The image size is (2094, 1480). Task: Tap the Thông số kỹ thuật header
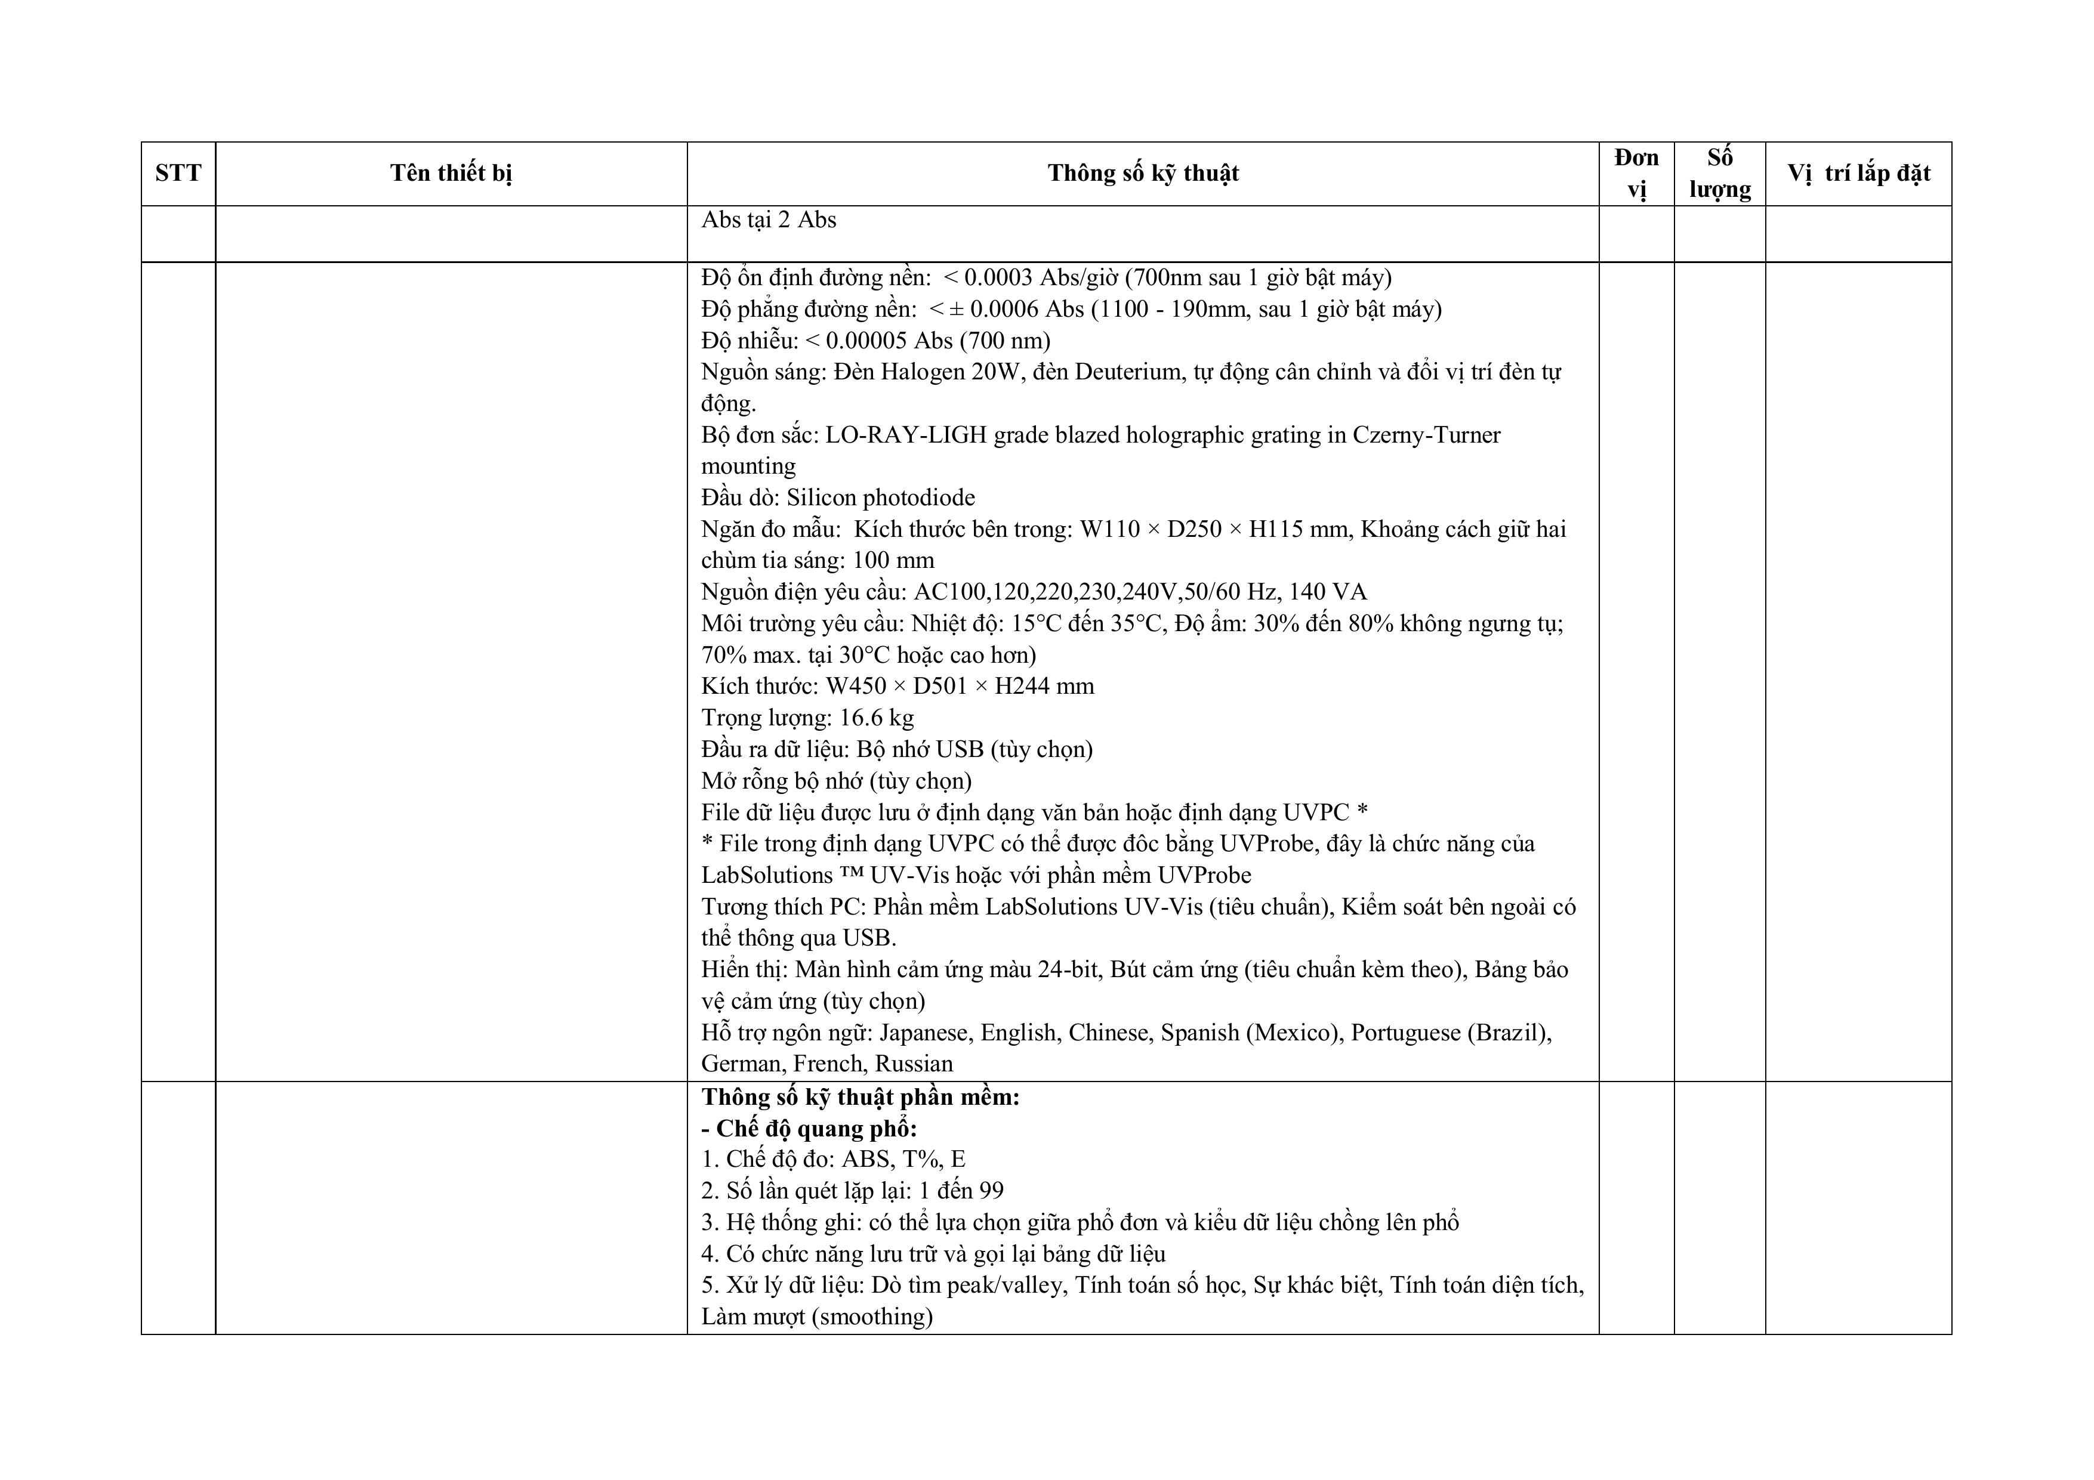[1143, 173]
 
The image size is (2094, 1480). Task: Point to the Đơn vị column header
[1636, 173]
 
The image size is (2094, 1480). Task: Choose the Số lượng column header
[1719, 173]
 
